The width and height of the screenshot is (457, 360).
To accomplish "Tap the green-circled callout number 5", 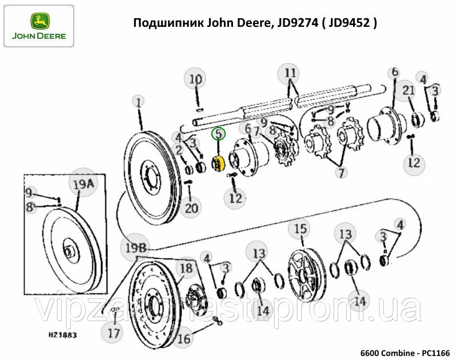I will tap(218, 134).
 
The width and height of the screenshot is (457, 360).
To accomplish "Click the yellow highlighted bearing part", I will tap(218, 164).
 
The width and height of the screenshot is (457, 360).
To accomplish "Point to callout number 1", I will tap(138, 101).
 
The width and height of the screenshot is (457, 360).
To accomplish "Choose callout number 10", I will tap(196, 79).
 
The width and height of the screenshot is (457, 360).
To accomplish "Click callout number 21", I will tap(408, 90).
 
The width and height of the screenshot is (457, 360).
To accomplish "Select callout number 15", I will tap(300, 229).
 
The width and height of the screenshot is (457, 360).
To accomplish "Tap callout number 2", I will tap(179, 150).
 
